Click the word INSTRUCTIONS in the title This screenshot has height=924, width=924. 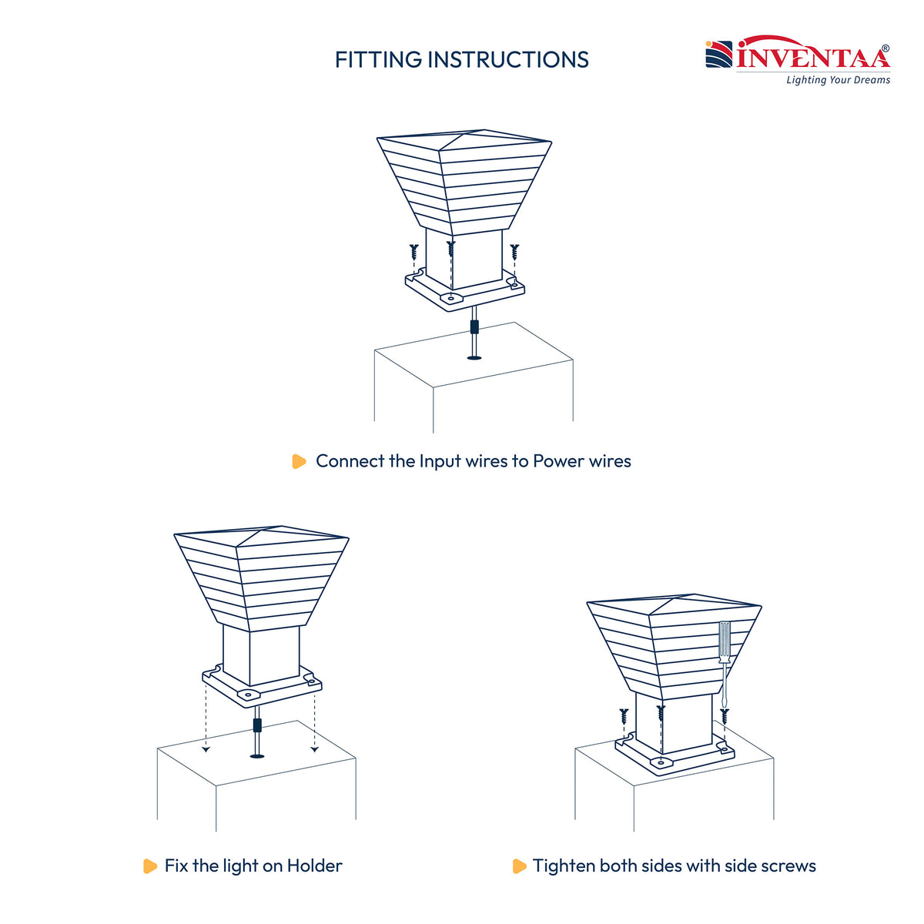(508, 60)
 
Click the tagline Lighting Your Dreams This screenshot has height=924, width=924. (838, 79)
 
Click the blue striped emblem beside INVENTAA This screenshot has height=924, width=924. (718, 54)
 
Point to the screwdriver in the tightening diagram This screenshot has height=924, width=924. (724, 664)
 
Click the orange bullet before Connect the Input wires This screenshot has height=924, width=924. (299, 461)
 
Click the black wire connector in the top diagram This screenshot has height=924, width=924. (474, 326)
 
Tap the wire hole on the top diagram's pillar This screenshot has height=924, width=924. (474, 358)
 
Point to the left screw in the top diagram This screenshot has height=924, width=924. (413, 251)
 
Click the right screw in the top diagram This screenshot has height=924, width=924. (514, 251)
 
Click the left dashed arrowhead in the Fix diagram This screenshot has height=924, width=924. (206, 749)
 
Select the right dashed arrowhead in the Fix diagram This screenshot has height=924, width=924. (315, 749)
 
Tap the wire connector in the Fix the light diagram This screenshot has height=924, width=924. (257, 725)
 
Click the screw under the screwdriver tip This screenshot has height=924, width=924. (725, 716)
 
